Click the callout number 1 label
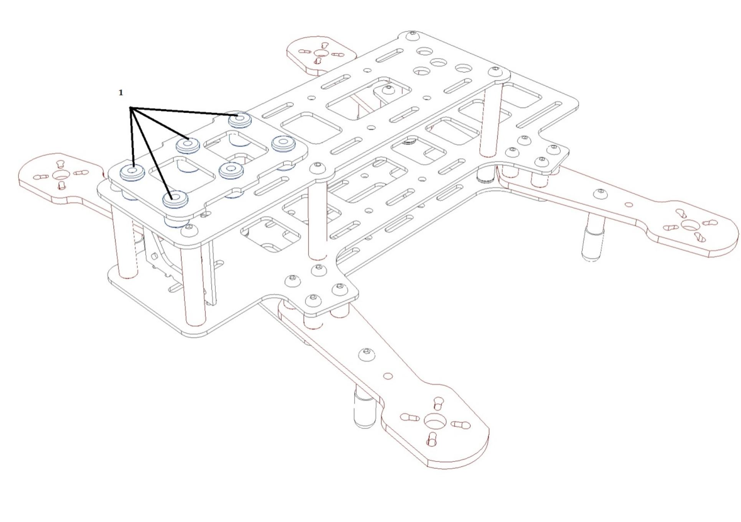(x=121, y=93)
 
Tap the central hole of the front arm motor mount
(x=434, y=422)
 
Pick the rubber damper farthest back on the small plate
(x=240, y=119)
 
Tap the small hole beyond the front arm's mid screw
(x=388, y=376)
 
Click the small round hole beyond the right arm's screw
(x=629, y=204)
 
